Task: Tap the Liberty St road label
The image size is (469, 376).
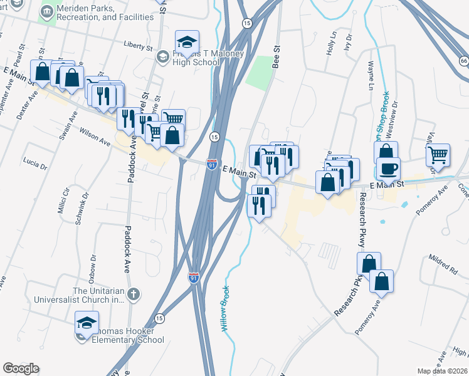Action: tap(139, 46)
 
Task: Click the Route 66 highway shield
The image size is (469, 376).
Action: tap(463, 61)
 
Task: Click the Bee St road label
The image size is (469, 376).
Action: tap(275, 56)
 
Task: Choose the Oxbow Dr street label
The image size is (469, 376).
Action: tap(92, 265)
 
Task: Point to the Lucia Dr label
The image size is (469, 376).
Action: tap(35, 164)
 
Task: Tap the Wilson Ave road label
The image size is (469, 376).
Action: tap(95, 137)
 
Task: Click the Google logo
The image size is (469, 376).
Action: tap(21, 368)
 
